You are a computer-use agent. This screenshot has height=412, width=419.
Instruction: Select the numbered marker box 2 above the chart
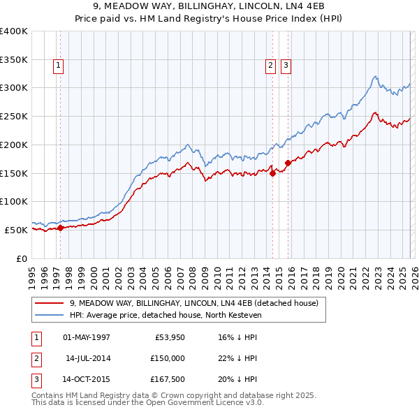(270, 66)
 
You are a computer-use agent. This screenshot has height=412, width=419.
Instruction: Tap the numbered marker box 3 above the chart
(286, 66)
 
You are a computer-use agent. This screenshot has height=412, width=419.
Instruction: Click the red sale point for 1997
(60, 227)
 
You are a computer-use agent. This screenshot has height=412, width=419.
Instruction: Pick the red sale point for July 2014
(272, 175)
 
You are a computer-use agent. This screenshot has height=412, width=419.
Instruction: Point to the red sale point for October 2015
(288, 163)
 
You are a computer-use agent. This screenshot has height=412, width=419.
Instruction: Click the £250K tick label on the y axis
(14, 116)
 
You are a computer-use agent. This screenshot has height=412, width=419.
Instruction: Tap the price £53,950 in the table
(168, 337)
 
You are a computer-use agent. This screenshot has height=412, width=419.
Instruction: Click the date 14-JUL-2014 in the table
(87, 358)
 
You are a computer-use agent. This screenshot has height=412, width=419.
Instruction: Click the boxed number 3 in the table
(36, 380)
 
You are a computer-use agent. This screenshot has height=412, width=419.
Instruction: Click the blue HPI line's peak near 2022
(375, 76)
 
